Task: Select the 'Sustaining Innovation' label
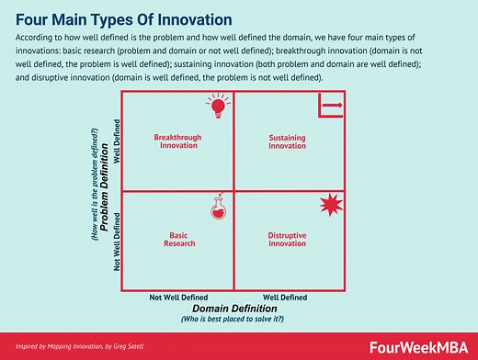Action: point(287,141)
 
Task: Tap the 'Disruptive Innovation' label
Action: point(287,240)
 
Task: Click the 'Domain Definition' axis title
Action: point(233,309)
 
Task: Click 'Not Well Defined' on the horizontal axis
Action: point(179,298)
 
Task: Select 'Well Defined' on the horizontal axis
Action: point(285,298)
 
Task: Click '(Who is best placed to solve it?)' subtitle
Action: point(233,320)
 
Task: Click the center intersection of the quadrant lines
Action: point(233,190)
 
